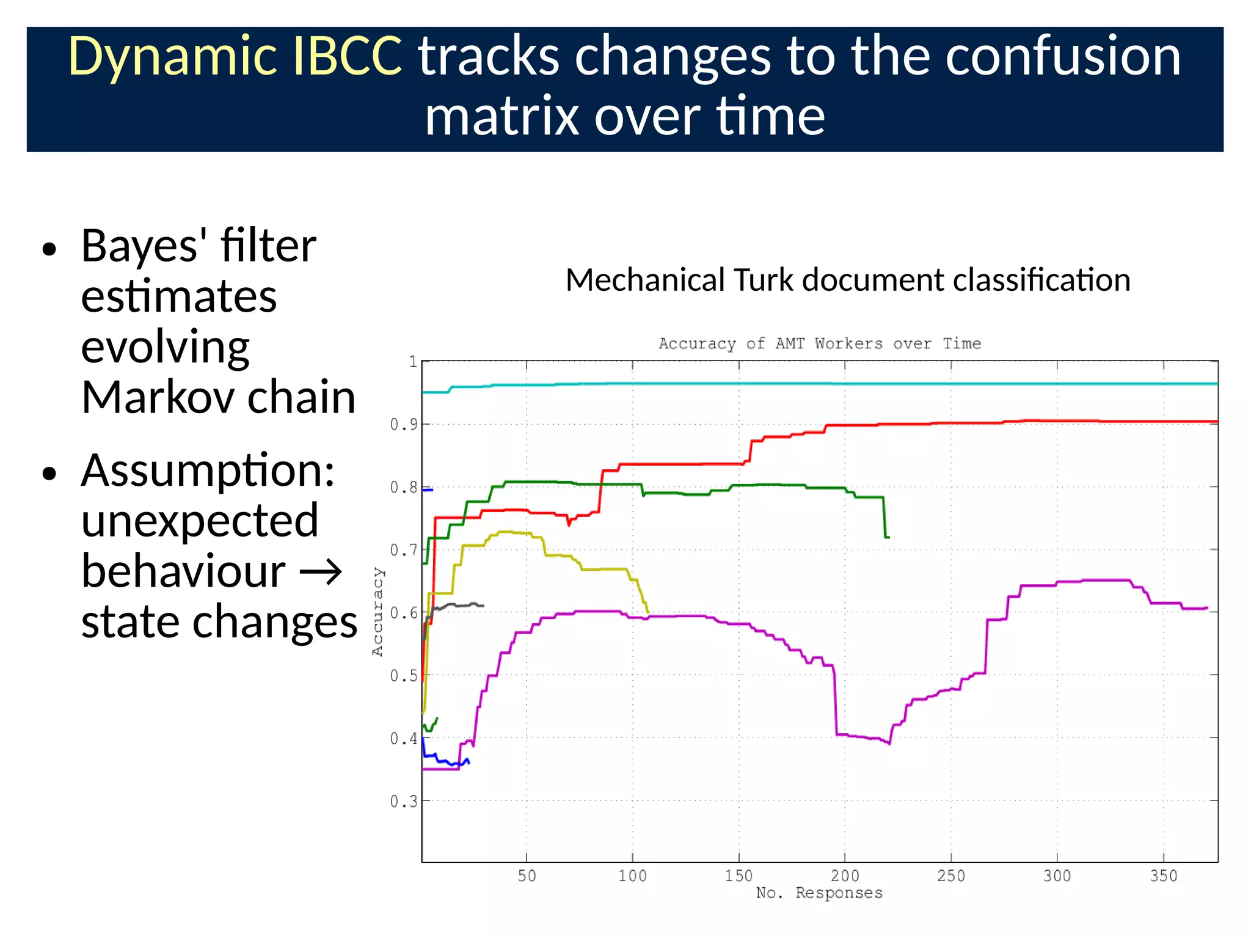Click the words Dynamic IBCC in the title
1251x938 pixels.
pyautogui.click(x=235, y=56)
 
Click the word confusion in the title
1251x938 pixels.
pyautogui.click(x=1063, y=56)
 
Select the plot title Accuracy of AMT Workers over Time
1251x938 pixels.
pyautogui.click(x=820, y=343)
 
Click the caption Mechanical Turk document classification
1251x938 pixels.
pyautogui.click(x=848, y=280)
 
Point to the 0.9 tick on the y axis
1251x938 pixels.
pyautogui.click(x=404, y=424)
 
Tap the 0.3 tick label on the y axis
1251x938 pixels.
pyautogui.click(x=404, y=801)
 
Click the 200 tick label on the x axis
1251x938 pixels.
pyautogui.click(x=845, y=876)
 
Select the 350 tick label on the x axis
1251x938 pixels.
pyautogui.click(x=1163, y=876)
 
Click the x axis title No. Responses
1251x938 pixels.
pyautogui.click(x=819, y=893)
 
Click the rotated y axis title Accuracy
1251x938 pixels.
pyautogui.click(x=377, y=612)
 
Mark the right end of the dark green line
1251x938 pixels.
pyautogui.click(x=888, y=537)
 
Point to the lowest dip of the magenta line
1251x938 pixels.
pyautogui.click(x=889, y=743)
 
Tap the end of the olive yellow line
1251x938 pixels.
pyautogui.click(x=648, y=612)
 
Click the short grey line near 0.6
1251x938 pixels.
pyautogui.click(x=458, y=605)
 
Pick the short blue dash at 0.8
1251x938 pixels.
pyautogui.click(x=428, y=489)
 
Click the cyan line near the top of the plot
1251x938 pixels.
pyautogui.click(x=794, y=384)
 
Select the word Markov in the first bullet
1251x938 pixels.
pyautogui.click(x=158, y=398)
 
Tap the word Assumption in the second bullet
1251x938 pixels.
pyautogui.click(x=208, y=471)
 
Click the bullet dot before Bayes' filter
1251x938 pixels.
pyautogui.click(x=50, y=249)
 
